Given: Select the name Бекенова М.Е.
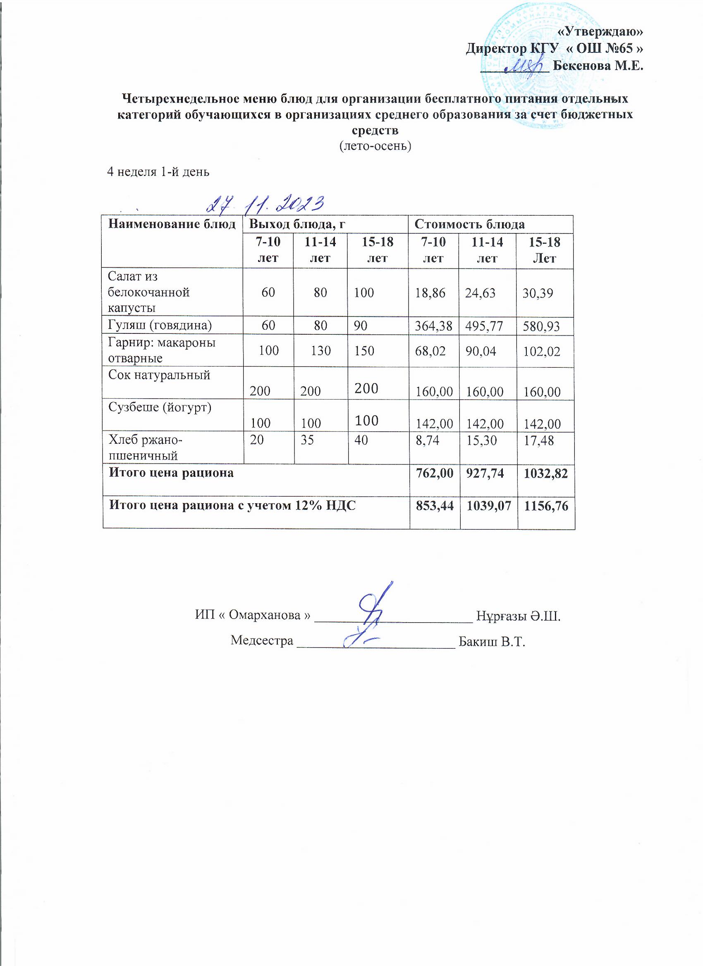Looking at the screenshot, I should click(598, 66).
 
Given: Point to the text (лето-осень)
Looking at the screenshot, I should click(375, 146).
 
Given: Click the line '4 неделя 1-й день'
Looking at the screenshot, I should click(158, 171).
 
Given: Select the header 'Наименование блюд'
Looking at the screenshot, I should click(172, 224).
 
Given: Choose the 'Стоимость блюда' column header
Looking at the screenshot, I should click(470, 224).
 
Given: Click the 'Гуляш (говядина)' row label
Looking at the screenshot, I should click(160, 326).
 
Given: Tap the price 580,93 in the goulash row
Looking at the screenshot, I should click(542, 327).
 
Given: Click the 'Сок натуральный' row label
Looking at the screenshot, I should click(159, 375).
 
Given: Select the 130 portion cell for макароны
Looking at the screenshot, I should click(320, 350).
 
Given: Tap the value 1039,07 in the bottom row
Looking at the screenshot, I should click(488, 506).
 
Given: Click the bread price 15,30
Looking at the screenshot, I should click(481, 440).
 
